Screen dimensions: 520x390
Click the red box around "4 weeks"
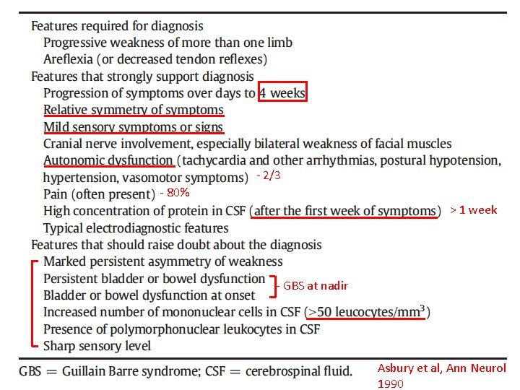[x=283, y=93]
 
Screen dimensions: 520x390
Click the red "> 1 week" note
[x=473, y=210]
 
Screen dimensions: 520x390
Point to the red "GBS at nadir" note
[x=316, y=286]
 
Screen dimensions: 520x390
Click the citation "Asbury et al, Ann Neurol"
[x=441, y=368]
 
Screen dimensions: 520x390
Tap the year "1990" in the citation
[x=391, y=383]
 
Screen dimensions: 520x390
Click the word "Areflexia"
[x=69, y=58]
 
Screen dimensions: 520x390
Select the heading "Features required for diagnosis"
[x=117, y=25]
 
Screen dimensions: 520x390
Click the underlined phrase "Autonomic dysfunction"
[x=108, y=160]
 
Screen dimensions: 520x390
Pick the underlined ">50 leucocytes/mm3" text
[x=368, y=313]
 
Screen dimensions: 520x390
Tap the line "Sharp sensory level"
[x=97, y=346]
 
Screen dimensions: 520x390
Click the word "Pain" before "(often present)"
[x=56, y=194]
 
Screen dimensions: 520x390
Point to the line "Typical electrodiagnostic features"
[x=135, y=227]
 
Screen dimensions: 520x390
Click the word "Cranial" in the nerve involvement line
[x=64, y=144]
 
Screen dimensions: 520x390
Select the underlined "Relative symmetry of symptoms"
[x=134, y=110]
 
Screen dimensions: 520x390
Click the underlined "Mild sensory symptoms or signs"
[x=134, y=127]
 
